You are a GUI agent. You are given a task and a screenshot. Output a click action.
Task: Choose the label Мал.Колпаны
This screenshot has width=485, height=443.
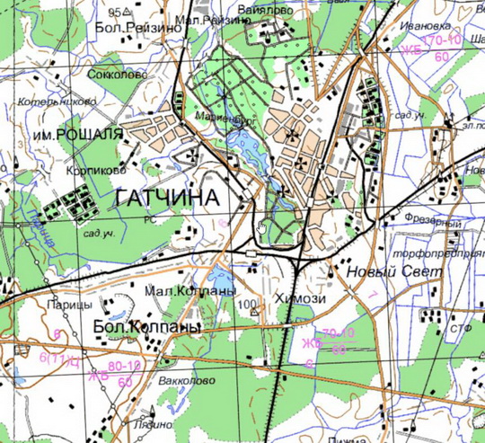click(x=190, y=292)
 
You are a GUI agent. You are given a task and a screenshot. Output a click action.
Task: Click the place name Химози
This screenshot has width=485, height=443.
click(x=301, y=299)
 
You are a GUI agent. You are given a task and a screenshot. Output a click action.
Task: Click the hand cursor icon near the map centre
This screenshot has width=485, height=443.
click(x=261, y=226)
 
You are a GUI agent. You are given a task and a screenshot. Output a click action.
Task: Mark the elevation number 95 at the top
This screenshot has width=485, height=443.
click(x=115, y=13)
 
